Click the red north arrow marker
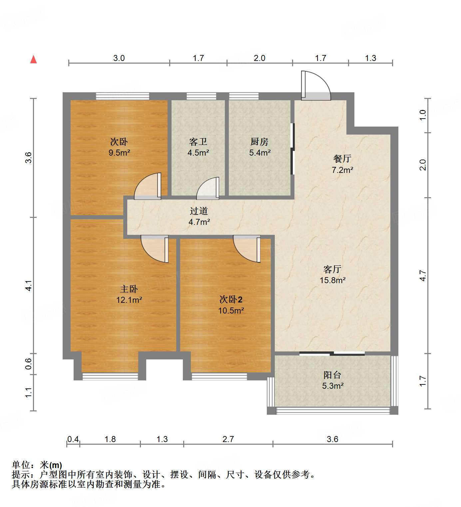pyautogui.click(x=33, y=60)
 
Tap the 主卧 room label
pyautogui.click(x=129, y=289)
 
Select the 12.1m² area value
pyautogui.click(x=129, y=300)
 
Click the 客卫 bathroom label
pyautogui.click(x=198, y=142)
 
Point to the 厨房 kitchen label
pyautogui.click(x=259, y=142)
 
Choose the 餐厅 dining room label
pyautogui.click(x=342, y=159)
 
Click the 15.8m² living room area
pyautogui.click(x=332, y=280)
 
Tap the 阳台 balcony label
pyautogui.click(x=332, y=375)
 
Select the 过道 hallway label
pyautogui.click(x=199, y=211)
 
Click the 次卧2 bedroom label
pyautogui.click(x=231, y=299)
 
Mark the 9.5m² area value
pyautogui.click(x=119, y=153)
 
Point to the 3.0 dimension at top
pyautogui.click(x=119, y=58)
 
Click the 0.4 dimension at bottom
pyautogui.click(x=73, y=439)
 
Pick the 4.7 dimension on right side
pyautogui.click(x=423, y=275)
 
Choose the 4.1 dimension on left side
pyautogui.click(x=29, y=285)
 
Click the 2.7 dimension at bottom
pyautogui.click(x=228, y=439)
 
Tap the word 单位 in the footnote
pyautogui.click(x=21, y=465)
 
